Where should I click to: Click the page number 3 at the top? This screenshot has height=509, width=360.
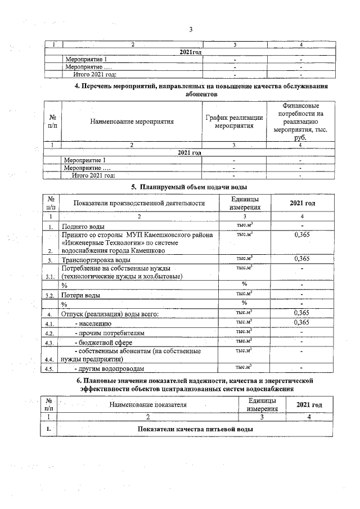click(x=191, y=29)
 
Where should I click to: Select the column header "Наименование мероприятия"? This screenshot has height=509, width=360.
click(x=132, y=121)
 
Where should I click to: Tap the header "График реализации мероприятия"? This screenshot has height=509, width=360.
click(x=234, y=121)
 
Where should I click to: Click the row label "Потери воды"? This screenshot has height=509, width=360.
click(x=82, y=295)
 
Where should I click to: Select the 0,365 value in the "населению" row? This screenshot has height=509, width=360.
click(x=303, y=322)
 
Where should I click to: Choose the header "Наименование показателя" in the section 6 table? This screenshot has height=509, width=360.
click(x=148, y=404)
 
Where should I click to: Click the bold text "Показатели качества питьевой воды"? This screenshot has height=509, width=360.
click(x=195, y=429)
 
